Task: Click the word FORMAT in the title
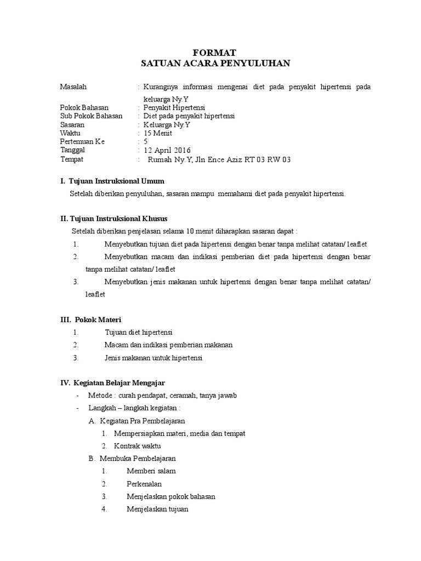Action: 215,53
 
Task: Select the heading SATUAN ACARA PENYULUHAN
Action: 215,64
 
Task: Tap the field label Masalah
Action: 73,87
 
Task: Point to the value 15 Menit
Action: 158,133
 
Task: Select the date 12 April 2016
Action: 167,150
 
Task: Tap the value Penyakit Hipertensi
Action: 174,108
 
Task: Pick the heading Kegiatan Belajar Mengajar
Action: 120,382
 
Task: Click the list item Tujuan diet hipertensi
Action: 139,332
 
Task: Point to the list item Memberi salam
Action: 151,471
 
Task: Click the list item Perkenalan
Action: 144,484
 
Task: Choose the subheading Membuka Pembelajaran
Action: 141,458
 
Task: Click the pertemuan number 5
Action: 145,141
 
